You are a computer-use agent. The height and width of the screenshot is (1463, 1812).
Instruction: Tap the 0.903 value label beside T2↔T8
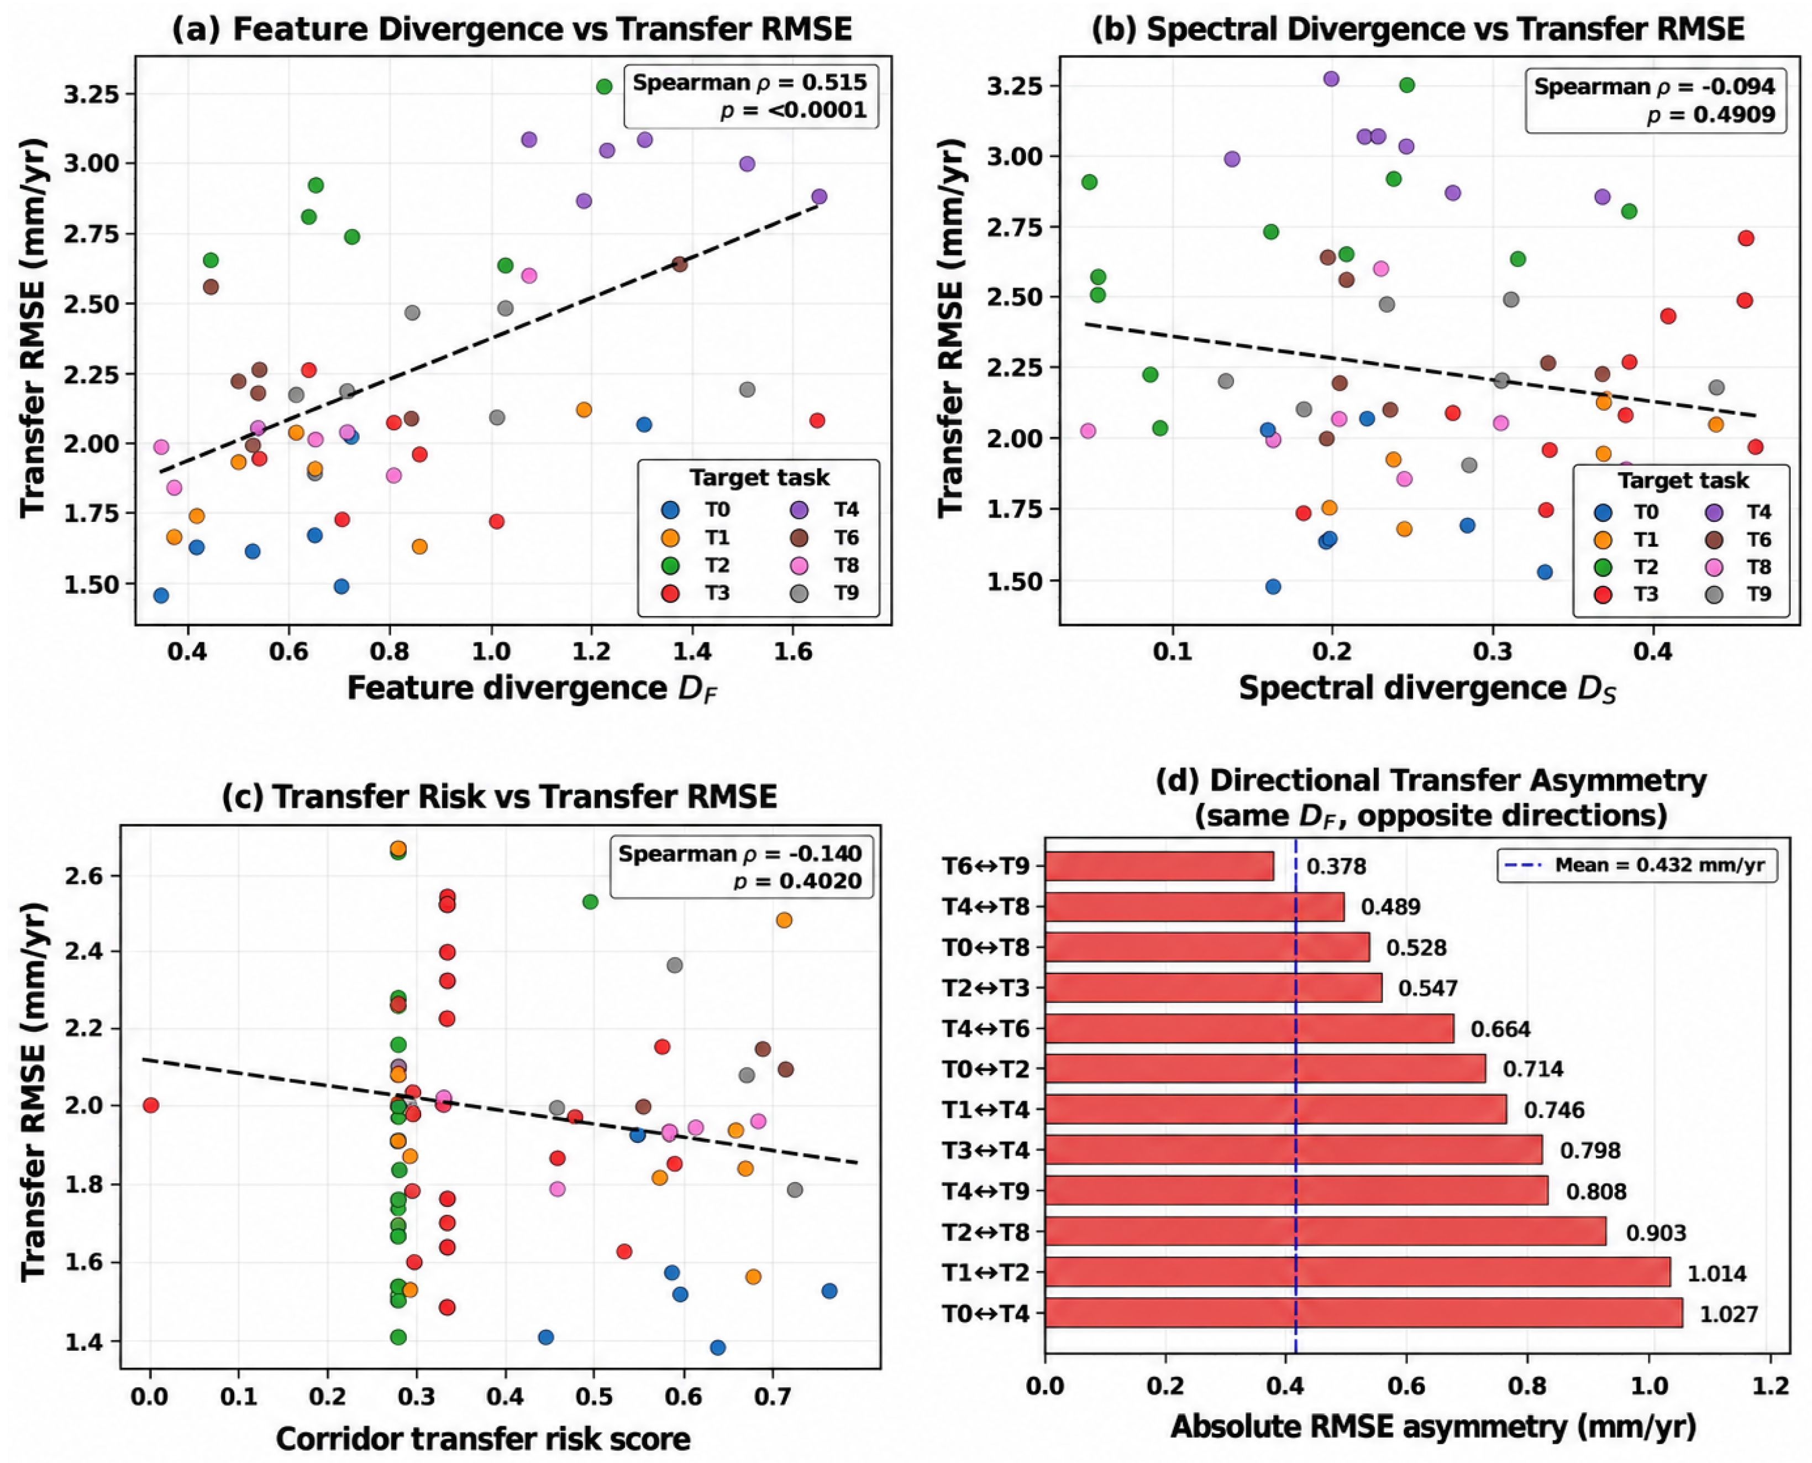1655,1233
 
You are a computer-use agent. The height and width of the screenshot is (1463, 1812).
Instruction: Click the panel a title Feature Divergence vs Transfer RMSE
512,29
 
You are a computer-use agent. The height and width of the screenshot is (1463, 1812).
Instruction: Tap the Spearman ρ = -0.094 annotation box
1655,100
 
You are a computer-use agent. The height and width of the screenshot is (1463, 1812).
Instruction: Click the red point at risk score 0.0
151,1105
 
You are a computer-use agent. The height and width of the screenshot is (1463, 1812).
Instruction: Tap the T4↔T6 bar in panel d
1249,1028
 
